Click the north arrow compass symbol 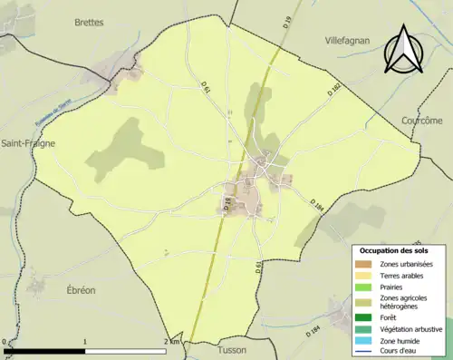tap(401, 50)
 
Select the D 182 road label tap(333, 88)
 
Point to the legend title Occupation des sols tap(395, 249)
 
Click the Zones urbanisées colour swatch tap(365, 263)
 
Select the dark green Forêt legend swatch tap(365, 316)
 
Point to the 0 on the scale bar tap(6, 342)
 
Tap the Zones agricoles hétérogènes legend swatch tap(365, 300)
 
